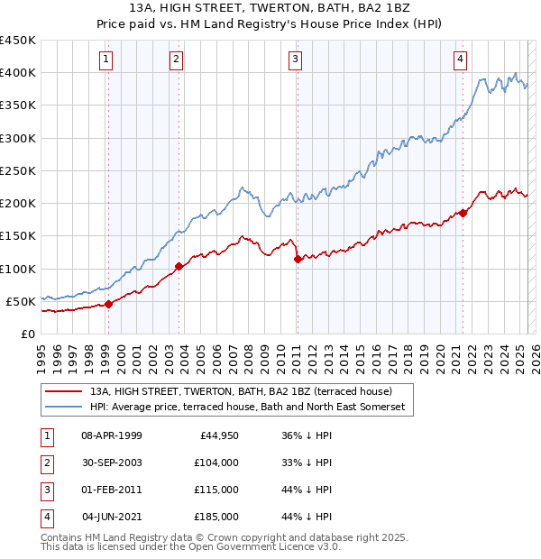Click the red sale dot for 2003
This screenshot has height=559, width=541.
pos(179,266)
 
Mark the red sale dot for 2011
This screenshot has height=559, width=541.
pos(298,259)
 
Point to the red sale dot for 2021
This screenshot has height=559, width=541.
pos(463,213)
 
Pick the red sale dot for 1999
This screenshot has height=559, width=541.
pos(108,304)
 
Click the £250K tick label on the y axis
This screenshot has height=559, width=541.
pos(18,170)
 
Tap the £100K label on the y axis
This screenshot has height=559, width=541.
pos(18,269)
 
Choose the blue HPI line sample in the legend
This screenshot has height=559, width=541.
pos(61,408)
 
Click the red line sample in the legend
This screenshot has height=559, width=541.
pos(61,392)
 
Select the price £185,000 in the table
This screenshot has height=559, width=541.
pos(216,517)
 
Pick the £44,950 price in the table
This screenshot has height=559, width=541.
pos(217,435)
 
